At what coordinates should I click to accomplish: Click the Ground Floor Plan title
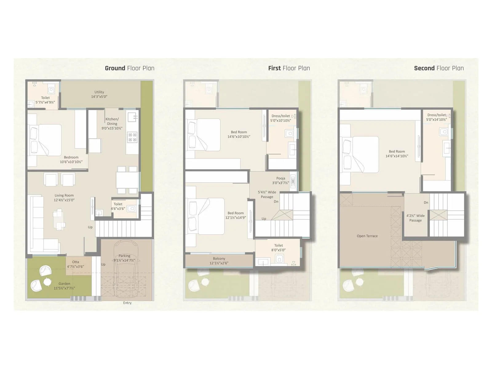click(129, 68)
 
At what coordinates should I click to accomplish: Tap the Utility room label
click(99, 92)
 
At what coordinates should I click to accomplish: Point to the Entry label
click(127, 303)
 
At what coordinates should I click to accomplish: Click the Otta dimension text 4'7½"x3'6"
click(75, 267)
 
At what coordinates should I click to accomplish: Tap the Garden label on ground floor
click(64, 284)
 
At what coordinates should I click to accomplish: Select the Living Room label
click(64, 195)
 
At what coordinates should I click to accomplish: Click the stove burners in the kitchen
click(133, 137)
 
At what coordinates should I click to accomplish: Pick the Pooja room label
click(280, 178)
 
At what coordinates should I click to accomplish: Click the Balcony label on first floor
click(219, 259)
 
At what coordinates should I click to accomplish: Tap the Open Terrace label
click(367, 236)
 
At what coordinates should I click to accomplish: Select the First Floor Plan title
click(289, 68)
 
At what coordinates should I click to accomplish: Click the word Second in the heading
click(424, 68)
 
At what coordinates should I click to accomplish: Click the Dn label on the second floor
click(426, 203)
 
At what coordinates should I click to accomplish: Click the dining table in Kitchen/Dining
click(127, 180)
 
